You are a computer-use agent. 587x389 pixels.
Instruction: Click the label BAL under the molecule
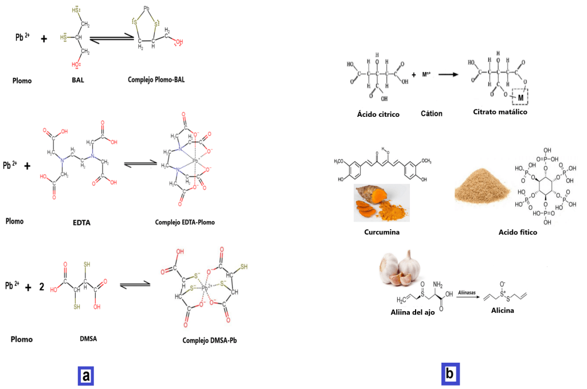(78, 80)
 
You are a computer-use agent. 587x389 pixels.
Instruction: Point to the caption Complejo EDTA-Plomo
(185, 222)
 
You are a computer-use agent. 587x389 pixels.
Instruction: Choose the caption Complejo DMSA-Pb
(209, 340)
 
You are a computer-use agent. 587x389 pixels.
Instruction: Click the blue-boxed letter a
(85, 376)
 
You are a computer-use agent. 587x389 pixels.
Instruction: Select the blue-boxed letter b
(450, 374)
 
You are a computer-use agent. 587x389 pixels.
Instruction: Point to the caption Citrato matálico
(500, 112)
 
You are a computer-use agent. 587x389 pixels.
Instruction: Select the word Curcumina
(381, 233)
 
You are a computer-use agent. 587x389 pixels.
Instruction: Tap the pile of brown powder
(480, 190)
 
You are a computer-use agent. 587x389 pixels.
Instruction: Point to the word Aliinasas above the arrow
(467, 292)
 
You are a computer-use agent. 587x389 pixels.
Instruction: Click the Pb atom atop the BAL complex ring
(146, 9)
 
